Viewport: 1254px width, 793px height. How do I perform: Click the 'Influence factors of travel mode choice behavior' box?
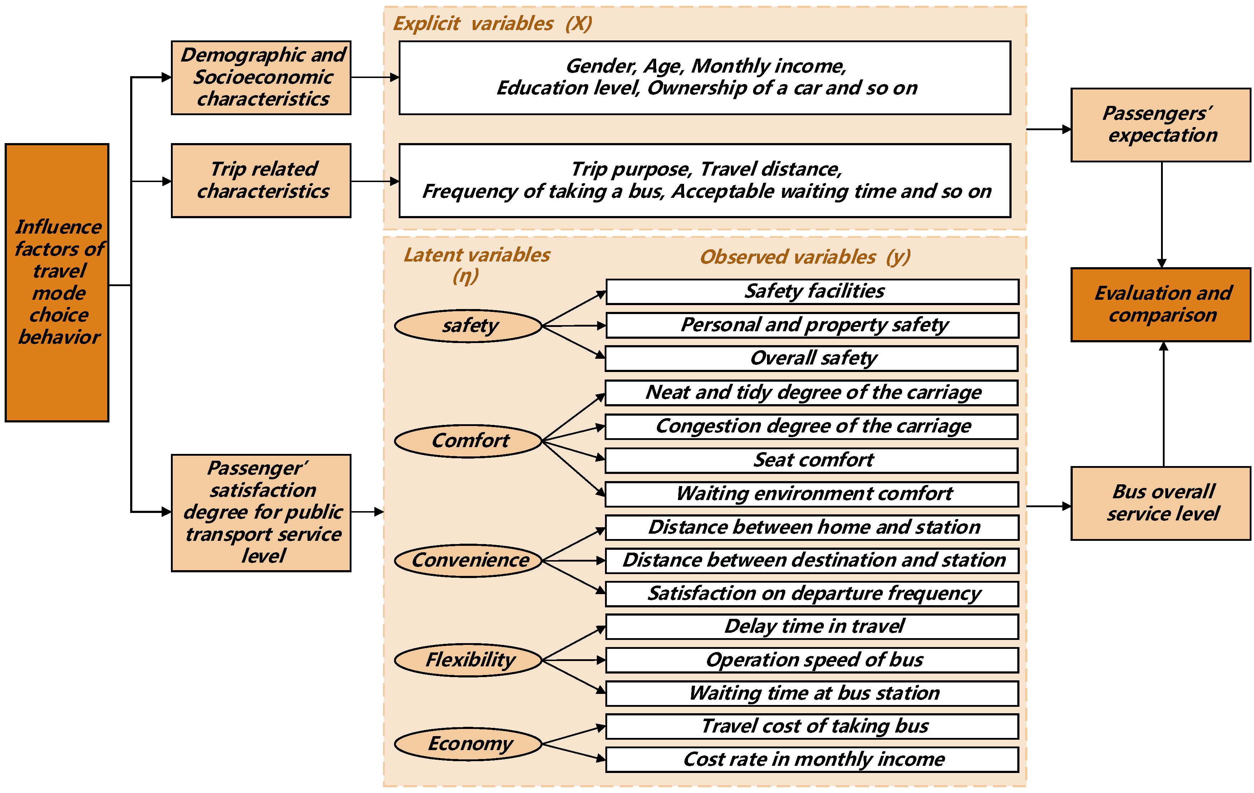(57, 282)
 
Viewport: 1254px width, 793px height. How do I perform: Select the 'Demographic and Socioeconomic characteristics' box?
(261, 78)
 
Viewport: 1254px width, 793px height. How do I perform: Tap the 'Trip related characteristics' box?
(261, 180)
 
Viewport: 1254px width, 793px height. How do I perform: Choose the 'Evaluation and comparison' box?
(1160, 305)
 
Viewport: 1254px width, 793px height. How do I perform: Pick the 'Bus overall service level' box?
(1160, 503)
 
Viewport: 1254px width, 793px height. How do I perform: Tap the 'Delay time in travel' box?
(812, 627)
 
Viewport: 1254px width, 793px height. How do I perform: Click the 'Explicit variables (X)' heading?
(492, 24)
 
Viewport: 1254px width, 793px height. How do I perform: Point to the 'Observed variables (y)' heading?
(805, 257)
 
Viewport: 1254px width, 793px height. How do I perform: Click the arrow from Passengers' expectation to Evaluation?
(1161, 214)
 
